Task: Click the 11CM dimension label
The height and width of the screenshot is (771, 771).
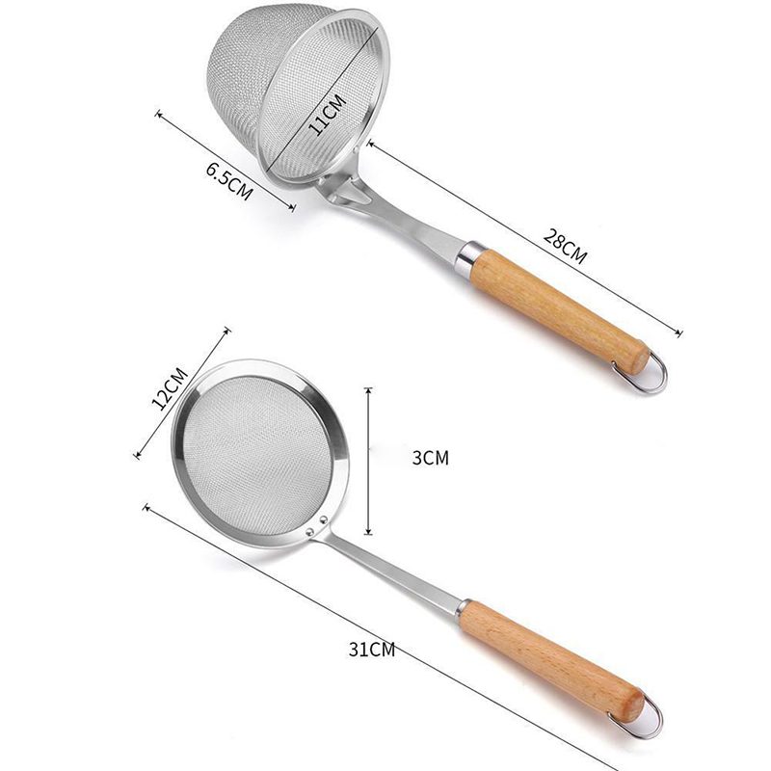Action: coord(328,115)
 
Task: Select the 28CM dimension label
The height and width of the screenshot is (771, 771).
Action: coord(565,246)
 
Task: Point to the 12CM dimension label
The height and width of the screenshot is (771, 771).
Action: coord(170,388)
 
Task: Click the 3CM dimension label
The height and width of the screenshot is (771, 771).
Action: coord(431,458)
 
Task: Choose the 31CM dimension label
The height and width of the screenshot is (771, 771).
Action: coord(372,649)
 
